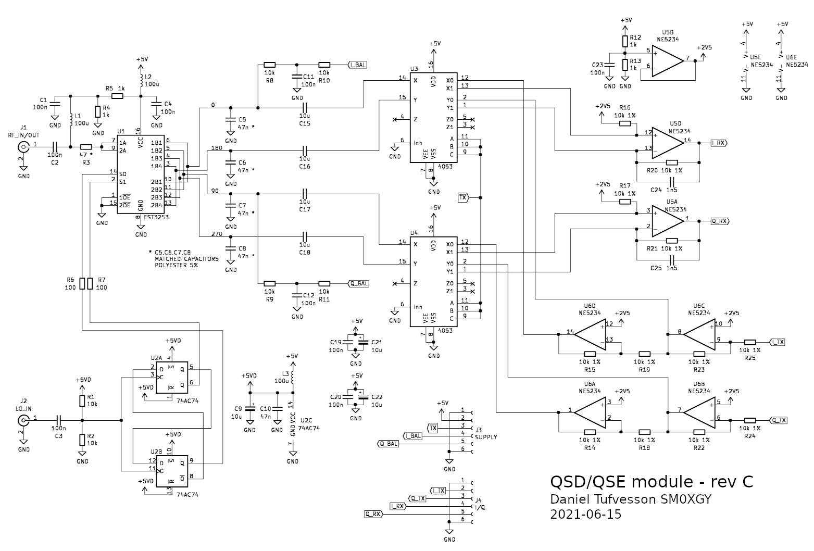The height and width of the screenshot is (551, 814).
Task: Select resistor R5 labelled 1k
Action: point(117,96)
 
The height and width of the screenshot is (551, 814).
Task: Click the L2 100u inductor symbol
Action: point(141,80)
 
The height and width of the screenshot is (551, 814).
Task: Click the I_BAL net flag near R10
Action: point(357,65)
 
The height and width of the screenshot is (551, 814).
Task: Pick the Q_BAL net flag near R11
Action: point(358,284)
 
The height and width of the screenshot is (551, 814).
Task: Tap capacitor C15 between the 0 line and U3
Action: point(305,108)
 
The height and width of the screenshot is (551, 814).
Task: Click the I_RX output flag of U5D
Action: point(720,142)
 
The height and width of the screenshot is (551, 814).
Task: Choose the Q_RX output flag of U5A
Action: point(720,221)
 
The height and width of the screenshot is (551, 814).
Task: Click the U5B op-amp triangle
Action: point(667,59)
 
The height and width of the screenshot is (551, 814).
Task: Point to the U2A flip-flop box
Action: point(171,377)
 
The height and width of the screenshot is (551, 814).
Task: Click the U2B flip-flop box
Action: point(171,469)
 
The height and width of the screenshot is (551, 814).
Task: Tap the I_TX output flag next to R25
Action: point(777,342)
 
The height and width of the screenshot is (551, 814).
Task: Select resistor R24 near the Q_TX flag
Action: point(750,420)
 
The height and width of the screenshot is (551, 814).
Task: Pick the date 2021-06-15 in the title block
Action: point(585,515)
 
